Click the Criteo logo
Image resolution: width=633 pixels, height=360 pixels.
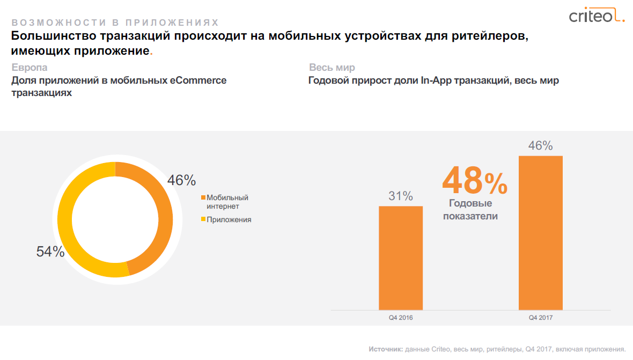[x=596, y=17]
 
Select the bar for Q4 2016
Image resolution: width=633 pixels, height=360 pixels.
[x=401, y=258]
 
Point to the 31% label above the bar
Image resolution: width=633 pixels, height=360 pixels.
[x=401, y=196]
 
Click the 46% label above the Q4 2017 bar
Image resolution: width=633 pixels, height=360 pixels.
[x=540, y=146]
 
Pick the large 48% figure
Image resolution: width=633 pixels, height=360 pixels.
[x=475, y=181]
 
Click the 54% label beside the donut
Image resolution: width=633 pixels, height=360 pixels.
[x=50, y=252]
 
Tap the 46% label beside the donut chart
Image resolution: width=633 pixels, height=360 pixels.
[x=181, y=181]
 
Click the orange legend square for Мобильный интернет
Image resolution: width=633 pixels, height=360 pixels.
[x=203, y=197]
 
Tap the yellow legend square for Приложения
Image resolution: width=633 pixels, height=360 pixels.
[x=203, y=219]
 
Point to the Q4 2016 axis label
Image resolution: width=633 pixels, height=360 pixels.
[x=401, y=318]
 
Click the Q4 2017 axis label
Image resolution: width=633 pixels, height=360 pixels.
[x=540, y=318]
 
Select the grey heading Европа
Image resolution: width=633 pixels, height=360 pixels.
[x=29, y=68]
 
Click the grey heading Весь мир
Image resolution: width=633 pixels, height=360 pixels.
[x=332, y=68]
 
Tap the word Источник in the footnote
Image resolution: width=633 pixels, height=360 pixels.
[x=386, y=349]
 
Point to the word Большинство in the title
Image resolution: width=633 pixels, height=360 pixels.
[x=48, y=36]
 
